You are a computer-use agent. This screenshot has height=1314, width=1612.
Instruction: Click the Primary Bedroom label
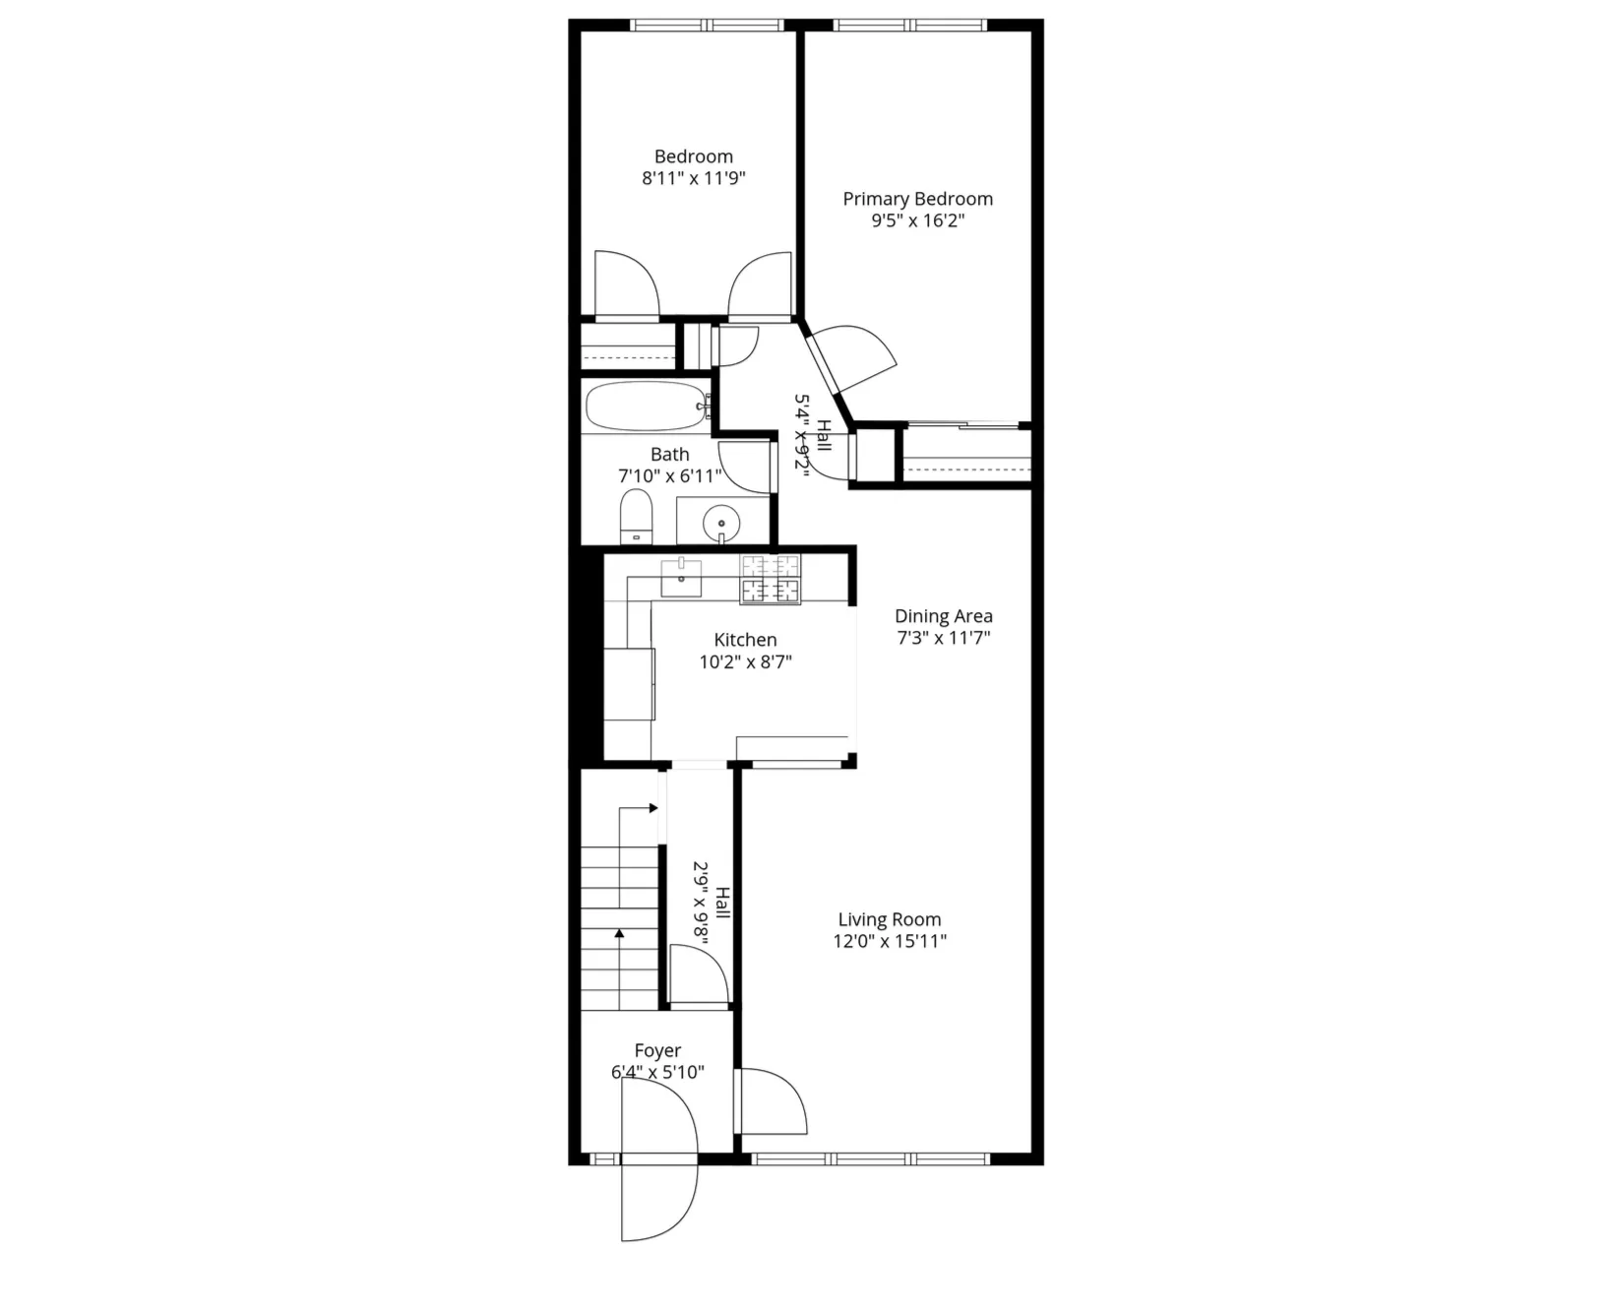point(917,199)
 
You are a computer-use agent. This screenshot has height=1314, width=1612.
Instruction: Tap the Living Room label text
point(889,919)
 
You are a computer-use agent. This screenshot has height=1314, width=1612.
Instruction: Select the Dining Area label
point(943,616)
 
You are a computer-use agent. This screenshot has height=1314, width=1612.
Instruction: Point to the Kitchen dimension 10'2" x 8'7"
point(745,662)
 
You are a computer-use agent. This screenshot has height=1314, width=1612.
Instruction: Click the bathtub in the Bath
point(645,407)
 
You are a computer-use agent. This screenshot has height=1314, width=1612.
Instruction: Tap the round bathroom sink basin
point(722,523)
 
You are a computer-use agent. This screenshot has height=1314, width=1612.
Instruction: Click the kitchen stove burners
point(771,579)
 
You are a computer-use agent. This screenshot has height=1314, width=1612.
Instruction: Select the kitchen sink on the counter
point(681,578)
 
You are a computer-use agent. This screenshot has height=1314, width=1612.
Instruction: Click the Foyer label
point(657,1051)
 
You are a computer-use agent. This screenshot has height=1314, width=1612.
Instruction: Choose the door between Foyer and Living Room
point(774,1100)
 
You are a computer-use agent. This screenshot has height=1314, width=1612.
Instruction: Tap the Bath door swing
point(745,467)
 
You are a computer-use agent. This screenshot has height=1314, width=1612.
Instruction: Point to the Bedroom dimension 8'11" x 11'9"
point(694,179)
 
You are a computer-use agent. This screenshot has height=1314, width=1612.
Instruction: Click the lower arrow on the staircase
point(619,935)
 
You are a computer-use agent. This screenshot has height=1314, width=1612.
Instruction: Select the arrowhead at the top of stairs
point(652,808)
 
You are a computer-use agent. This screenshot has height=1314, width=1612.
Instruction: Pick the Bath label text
point(669,455)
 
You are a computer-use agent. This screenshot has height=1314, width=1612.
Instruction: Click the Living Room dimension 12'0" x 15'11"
point(889,942)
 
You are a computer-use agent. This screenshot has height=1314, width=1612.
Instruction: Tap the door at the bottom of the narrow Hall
point(698,974)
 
